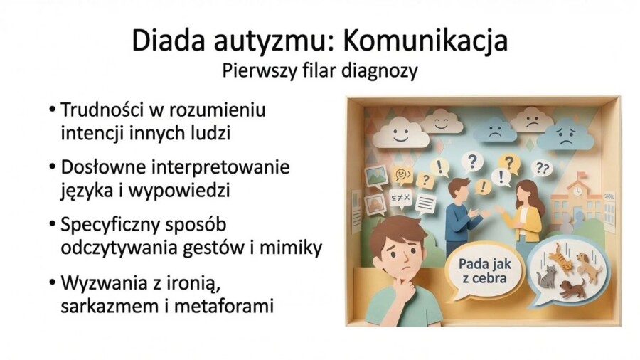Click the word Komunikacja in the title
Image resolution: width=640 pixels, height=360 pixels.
tap(425, 41)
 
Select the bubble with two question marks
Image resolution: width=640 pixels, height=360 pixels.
tap(542, 169)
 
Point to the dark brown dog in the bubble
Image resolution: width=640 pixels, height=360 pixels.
tap(572, 288)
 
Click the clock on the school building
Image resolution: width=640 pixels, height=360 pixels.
tap(577, 190)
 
